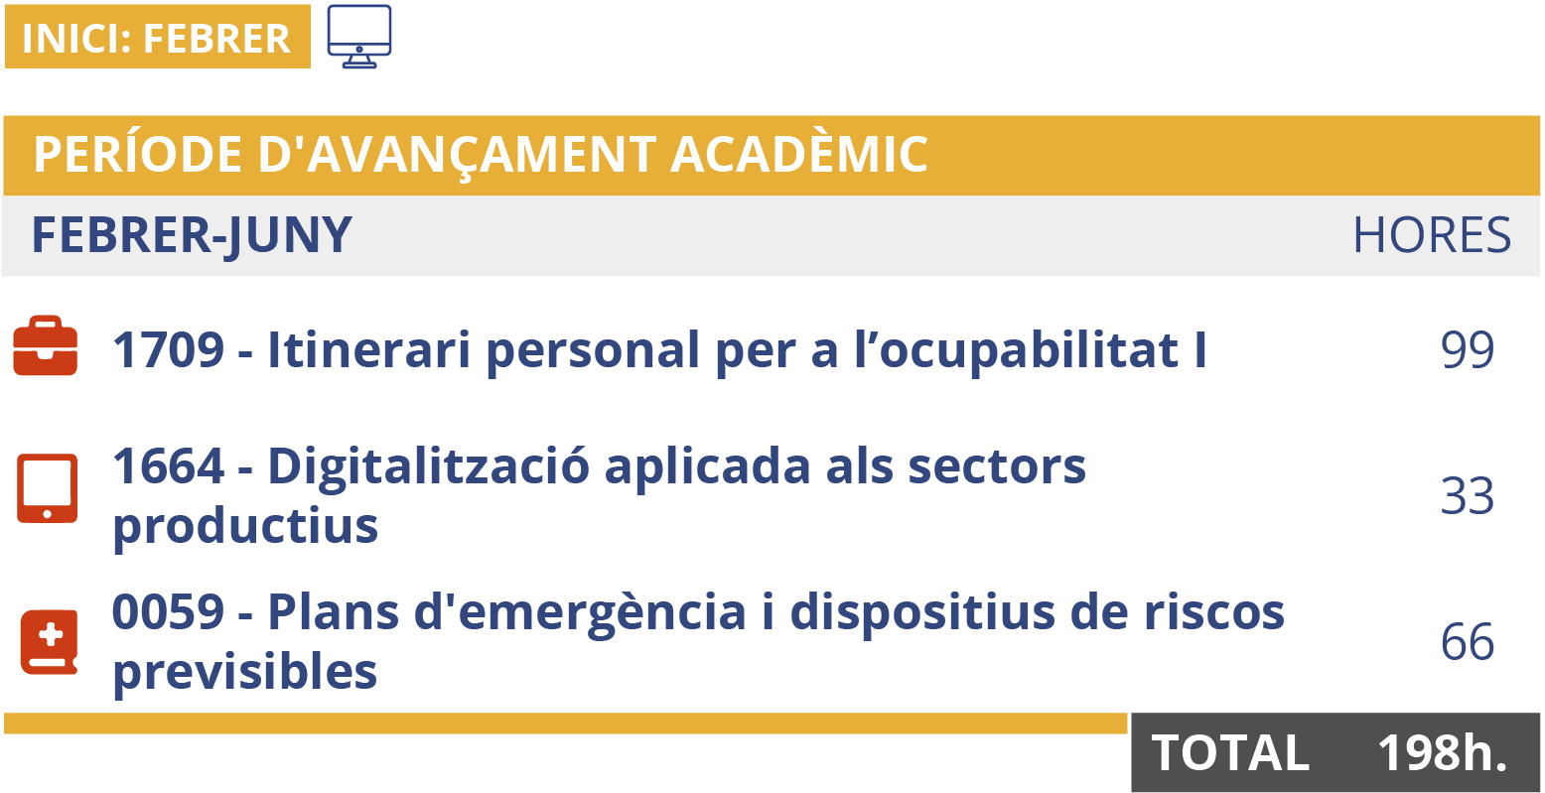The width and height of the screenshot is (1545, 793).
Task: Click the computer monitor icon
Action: (x=358, y=37)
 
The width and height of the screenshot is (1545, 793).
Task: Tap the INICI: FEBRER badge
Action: (x=157, y=38)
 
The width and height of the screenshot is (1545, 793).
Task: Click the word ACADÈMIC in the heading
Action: (x=798, y=154)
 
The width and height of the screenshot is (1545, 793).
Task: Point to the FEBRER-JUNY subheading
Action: (x=192, y=236)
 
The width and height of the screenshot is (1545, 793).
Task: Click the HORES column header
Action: (x=1432, y=236)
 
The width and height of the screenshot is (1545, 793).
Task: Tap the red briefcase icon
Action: (x=46, y=346)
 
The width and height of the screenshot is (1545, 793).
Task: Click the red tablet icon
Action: (x=47, y=489)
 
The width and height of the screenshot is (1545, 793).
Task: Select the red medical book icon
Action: (x=49, y=642)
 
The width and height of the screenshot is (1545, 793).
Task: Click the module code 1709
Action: (x=168, y=350)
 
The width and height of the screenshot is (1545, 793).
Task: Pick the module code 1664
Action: (x=168, y=466)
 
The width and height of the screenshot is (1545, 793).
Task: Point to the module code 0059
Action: (x=168, y=612)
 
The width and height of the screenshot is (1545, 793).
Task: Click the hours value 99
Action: (x=1468, y=350)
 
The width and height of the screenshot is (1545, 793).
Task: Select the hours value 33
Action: (x=1468, y=496)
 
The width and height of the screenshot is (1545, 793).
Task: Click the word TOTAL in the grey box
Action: (x=1230, y=753)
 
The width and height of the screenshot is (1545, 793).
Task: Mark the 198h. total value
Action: (x=1442, y=752)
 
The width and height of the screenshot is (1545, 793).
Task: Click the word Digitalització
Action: (x=428, y=466)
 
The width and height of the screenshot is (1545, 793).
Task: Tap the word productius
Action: (x=245, y=525)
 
